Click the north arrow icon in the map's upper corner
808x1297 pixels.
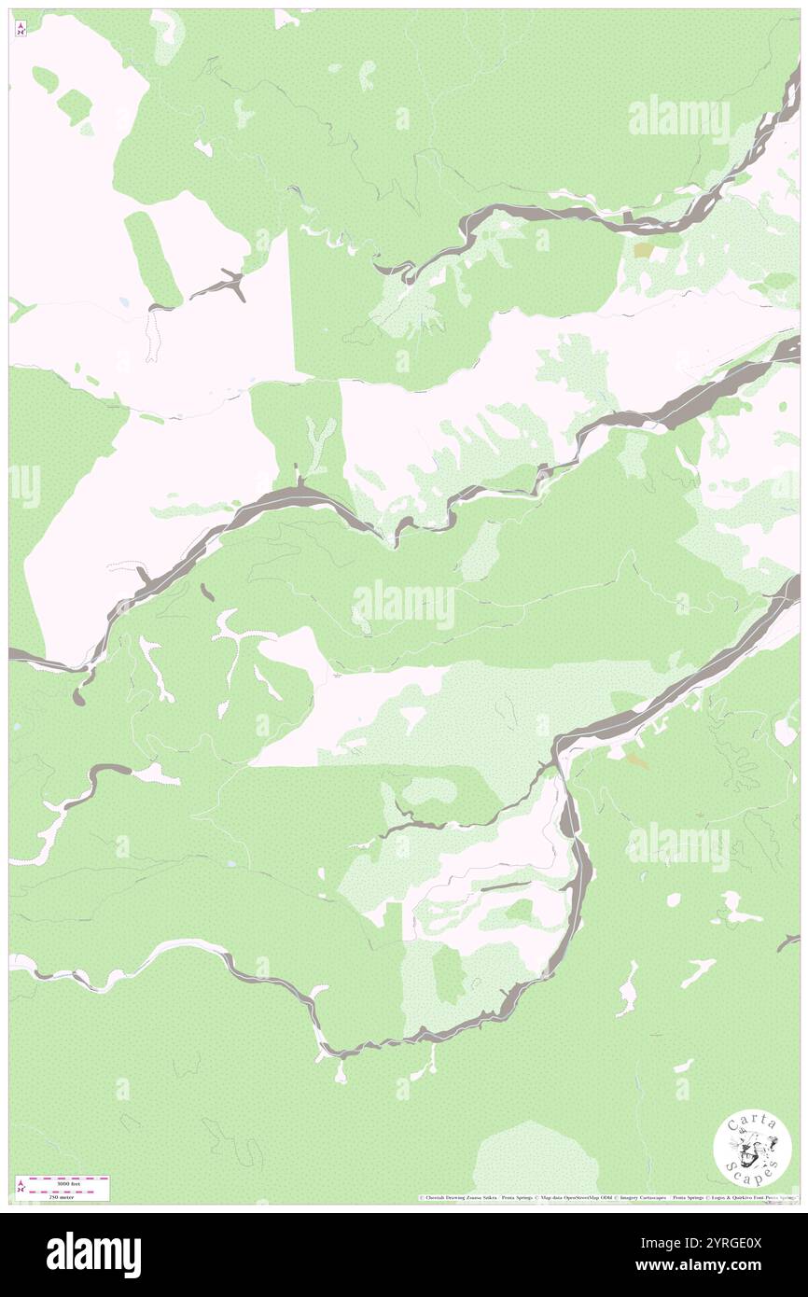[21, 29]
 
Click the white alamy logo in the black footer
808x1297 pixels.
[93, 1254]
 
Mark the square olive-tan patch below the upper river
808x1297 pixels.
[644, 250]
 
